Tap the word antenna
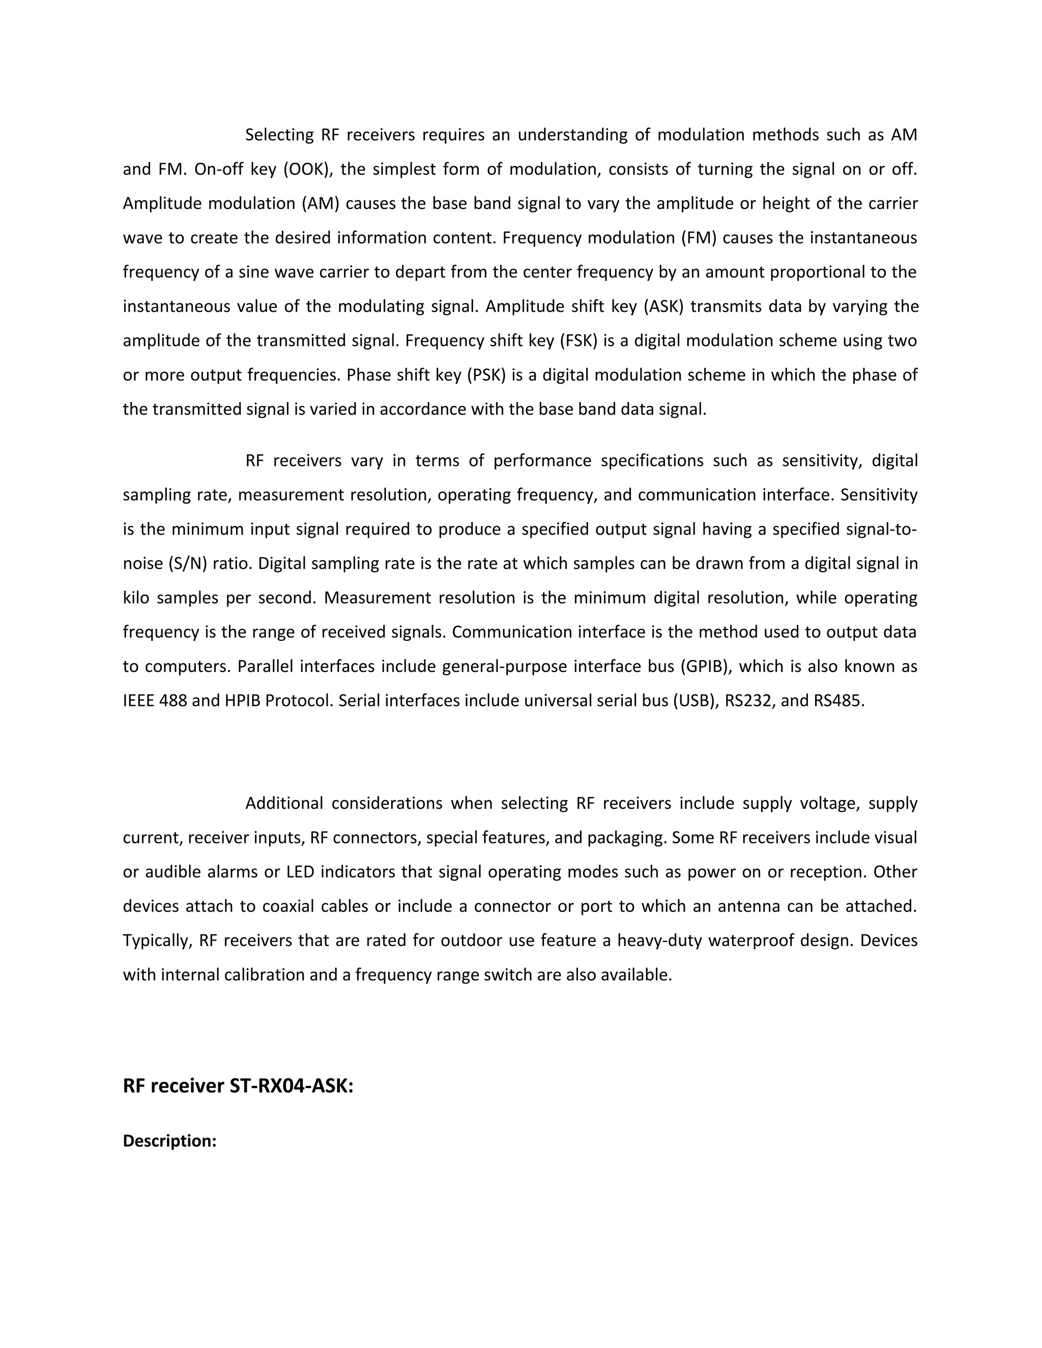click(729, 906)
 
